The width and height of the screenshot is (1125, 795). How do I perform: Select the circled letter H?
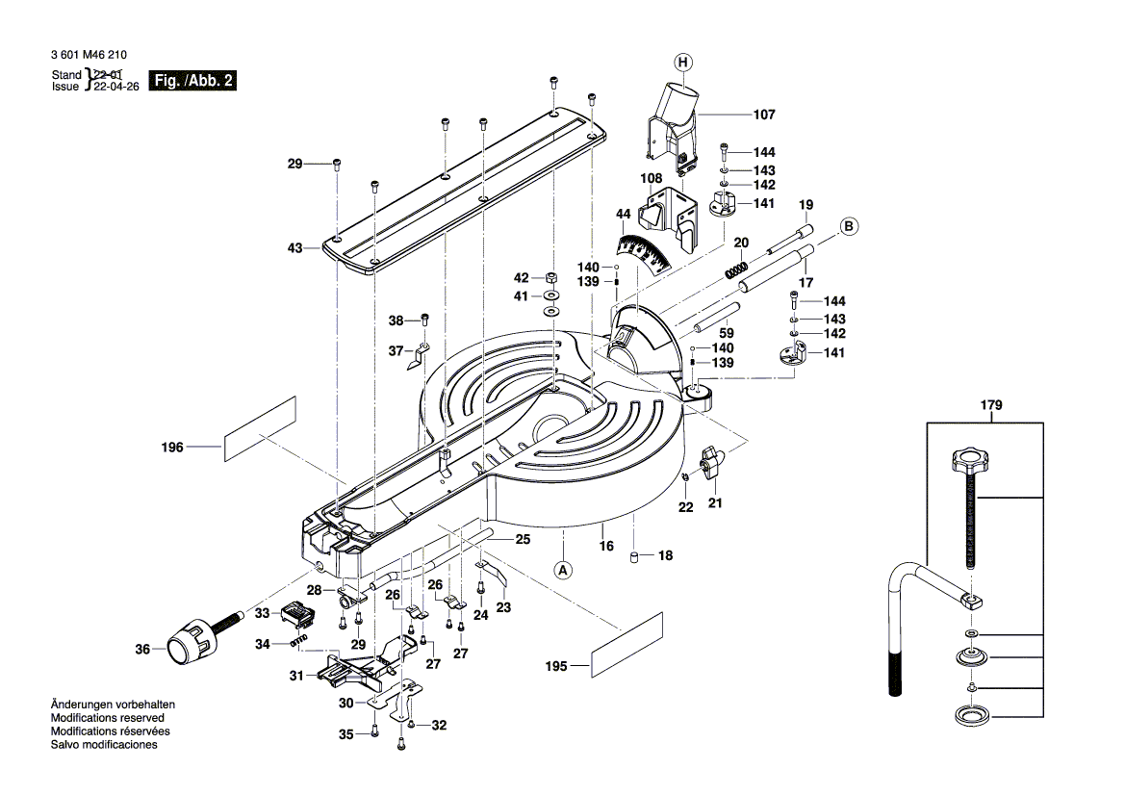tap(682, 64)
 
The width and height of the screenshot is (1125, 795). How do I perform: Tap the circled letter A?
tap(564, 569)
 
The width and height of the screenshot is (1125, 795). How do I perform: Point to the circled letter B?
tap(849, 227)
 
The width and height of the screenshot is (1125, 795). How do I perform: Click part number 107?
tap(763, 115)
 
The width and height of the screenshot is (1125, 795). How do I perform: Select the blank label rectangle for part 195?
tap(628, 653)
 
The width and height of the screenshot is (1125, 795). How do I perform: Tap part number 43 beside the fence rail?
tap(294, 248)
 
